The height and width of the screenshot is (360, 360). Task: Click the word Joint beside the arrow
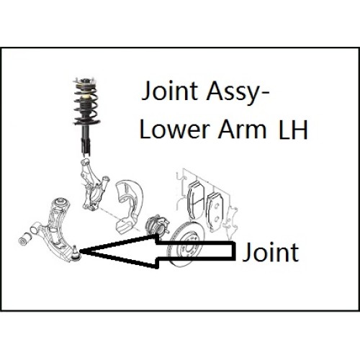point(271,252)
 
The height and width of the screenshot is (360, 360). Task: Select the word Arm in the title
point(242,130)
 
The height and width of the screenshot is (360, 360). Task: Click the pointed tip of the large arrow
point(80,251)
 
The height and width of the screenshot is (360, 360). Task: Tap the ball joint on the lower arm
point(76,254)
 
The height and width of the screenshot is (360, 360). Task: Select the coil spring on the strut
point(85,104)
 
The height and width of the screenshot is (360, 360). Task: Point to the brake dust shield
point(128,206)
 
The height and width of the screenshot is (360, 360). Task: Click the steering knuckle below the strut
point(92,184)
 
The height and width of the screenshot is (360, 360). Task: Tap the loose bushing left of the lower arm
point(24,239)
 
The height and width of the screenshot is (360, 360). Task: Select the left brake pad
point(197,201)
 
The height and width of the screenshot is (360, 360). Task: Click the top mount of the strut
point(86,81)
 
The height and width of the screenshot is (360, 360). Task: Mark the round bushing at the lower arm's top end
point(61,202)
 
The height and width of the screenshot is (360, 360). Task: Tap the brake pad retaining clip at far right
point(231,217)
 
